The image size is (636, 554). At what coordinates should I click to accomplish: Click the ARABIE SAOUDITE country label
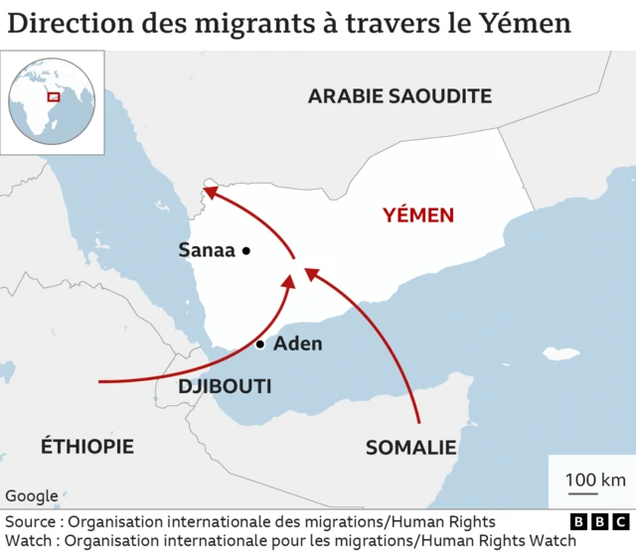click(399, 96)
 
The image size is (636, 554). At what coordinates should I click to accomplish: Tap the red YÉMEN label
click(418, 214)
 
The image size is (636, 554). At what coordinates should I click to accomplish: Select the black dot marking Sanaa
click(245, 251)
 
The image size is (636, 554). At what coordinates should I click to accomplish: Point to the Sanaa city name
click(206, 250)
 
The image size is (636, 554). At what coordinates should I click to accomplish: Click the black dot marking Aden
click(259, 345)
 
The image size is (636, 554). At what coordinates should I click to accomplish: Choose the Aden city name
click(297, 345)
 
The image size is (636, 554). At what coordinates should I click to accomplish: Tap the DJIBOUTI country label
click(225, 386)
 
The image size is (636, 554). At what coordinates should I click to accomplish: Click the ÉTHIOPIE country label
click(86, 446)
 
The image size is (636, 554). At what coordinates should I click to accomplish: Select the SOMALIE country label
click(410, 448)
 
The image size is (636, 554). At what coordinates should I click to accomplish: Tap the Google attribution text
click(31, 496)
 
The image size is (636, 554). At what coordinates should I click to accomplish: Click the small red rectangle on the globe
click(53, 97)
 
